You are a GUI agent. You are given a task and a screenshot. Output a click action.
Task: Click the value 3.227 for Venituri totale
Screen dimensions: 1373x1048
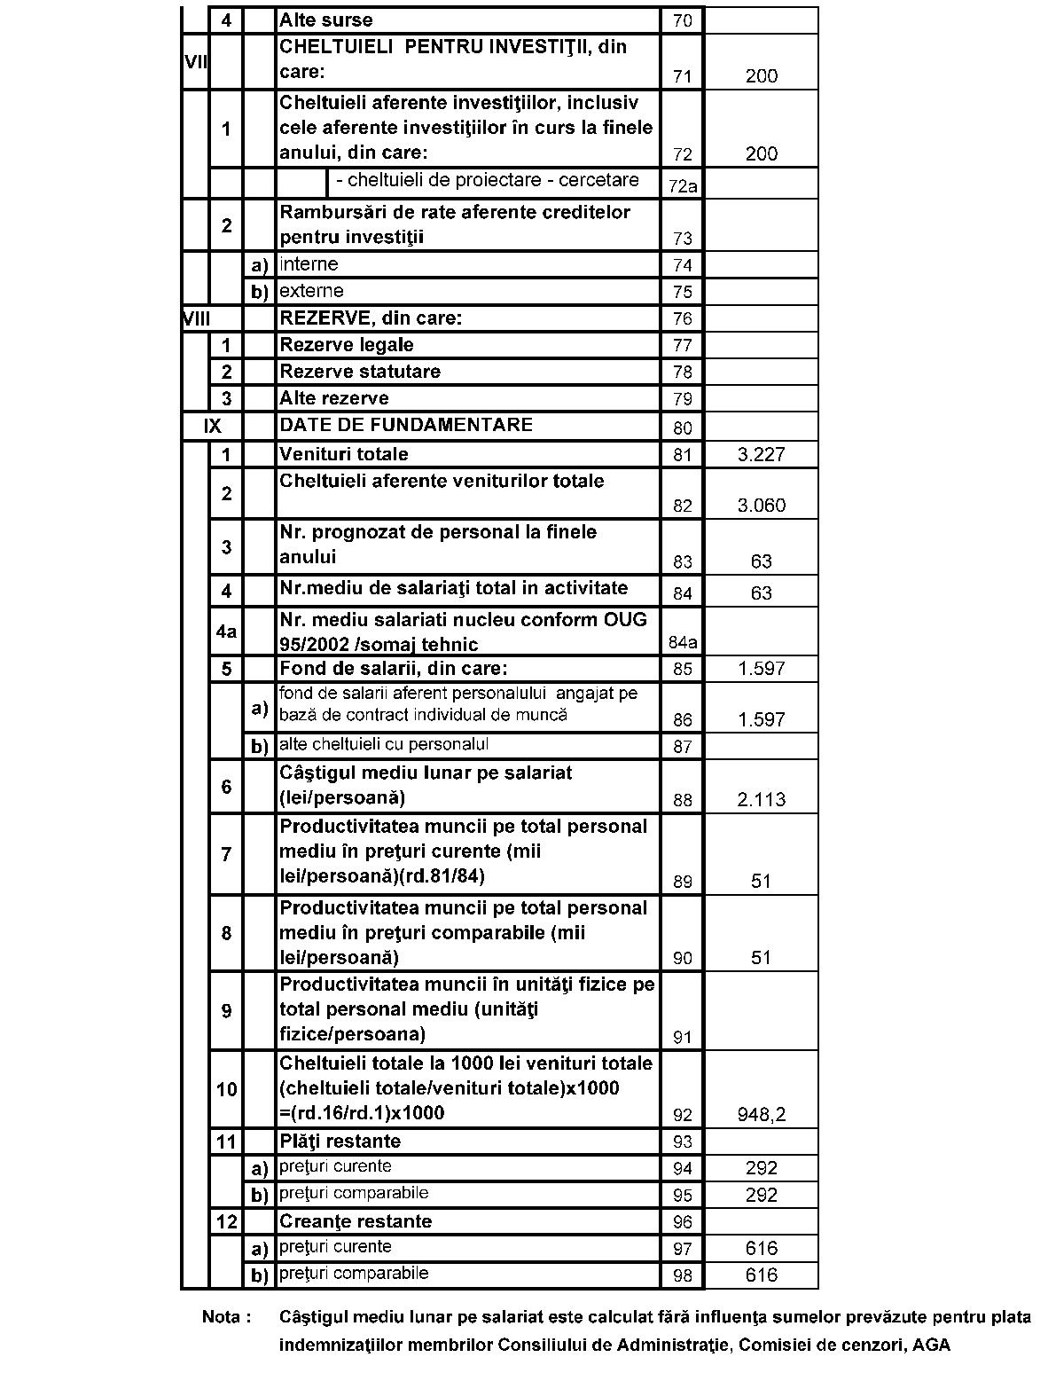[761, 455]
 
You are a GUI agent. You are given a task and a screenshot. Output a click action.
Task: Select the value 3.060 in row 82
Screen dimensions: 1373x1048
[761, 506]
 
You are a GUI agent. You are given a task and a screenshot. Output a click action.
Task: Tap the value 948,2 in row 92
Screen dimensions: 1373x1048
[761, 1115]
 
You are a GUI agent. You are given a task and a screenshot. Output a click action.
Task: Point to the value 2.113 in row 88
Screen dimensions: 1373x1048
[761, 799]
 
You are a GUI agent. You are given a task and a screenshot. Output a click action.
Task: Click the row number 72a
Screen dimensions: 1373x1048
[682, 186]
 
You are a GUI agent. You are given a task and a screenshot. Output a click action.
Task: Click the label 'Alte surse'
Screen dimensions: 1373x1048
[326, 20]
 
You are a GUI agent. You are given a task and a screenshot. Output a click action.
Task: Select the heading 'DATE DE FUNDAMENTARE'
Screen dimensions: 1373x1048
[406, 424]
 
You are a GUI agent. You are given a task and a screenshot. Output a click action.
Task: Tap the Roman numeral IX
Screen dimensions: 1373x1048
[212, 426]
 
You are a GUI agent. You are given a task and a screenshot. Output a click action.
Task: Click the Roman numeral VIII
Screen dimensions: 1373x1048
[196, 318]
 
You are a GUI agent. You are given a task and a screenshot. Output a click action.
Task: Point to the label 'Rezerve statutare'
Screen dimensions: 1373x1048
[360, 371]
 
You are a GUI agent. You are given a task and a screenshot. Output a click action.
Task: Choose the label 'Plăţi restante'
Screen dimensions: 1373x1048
[340, 1141]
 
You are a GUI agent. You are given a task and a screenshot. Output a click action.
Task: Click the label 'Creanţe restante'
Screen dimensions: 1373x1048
[356, 1220]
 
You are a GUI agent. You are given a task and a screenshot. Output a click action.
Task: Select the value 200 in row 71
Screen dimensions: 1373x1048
[761, 76]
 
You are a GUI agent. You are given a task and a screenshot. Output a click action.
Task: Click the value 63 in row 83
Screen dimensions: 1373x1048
[761, 561]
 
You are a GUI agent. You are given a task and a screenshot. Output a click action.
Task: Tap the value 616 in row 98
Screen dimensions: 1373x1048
[761, 1275]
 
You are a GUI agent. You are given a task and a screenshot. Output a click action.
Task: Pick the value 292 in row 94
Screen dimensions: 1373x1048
[761, 1168]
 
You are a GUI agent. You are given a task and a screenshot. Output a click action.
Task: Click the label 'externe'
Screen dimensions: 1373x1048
[311, 291]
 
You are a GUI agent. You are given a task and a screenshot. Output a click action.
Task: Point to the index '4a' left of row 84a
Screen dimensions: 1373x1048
[226, 632]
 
